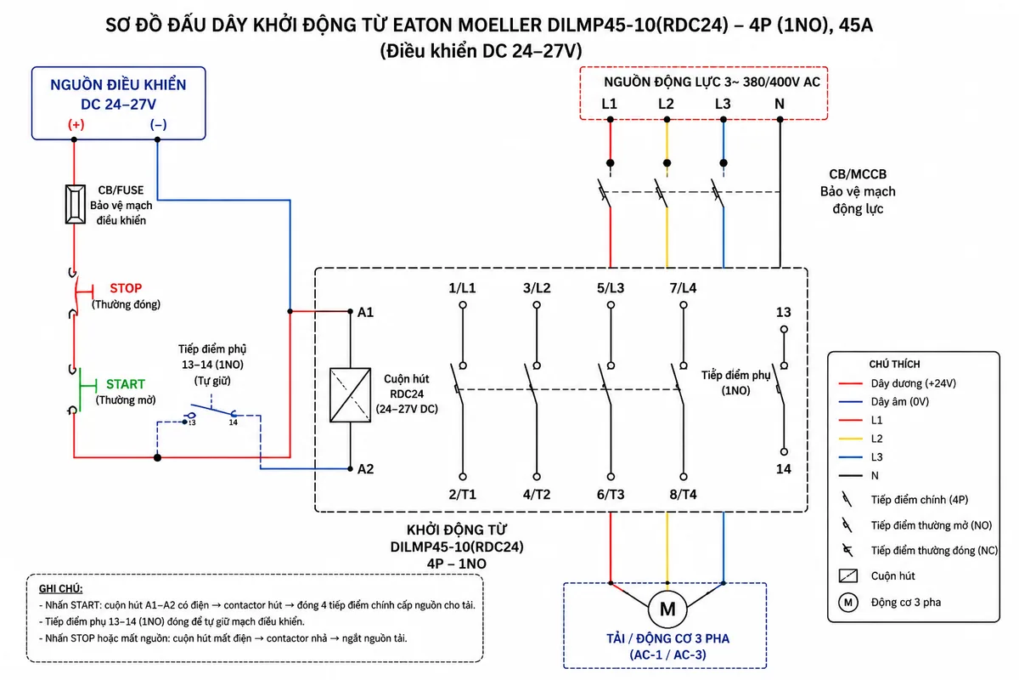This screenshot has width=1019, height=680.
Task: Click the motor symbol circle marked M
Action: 667,609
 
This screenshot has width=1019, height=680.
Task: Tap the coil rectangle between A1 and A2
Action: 350,395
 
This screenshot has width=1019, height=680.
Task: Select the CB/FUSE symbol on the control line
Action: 75,205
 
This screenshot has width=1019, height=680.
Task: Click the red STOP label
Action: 126,288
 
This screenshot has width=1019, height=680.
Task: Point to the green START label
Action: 126,384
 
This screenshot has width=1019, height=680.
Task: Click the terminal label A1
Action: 365,313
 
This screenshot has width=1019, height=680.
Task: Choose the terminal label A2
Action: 366,469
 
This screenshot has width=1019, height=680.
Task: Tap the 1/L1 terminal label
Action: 462,288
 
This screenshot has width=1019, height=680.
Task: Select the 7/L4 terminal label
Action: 684,288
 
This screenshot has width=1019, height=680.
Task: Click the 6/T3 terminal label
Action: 611,494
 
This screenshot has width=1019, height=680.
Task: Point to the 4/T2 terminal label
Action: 537,494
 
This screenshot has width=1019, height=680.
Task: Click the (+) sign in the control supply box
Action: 76,124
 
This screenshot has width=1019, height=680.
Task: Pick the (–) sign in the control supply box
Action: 158,124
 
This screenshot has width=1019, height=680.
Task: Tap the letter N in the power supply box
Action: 780,104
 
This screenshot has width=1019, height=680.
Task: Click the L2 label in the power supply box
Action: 666,104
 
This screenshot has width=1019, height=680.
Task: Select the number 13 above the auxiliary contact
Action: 783,313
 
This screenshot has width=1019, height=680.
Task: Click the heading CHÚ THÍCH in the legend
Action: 894,365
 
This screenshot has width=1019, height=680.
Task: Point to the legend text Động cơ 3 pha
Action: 906,602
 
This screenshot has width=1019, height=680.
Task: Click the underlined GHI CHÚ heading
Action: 60,588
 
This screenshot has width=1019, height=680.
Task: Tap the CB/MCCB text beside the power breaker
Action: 858,174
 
